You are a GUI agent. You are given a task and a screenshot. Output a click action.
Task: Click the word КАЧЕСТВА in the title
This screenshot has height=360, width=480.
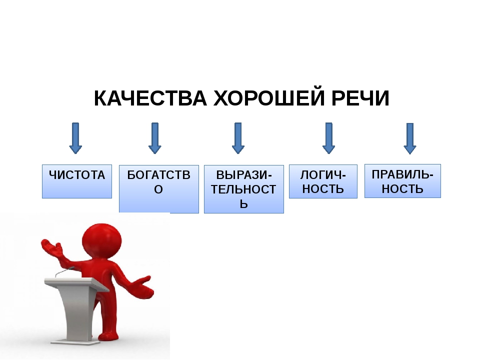(x=150, y=98)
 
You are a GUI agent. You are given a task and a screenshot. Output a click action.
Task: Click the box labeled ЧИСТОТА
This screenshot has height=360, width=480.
(x=77, y=181)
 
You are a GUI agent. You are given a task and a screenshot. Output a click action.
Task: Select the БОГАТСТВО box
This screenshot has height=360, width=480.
(x=159, y=189)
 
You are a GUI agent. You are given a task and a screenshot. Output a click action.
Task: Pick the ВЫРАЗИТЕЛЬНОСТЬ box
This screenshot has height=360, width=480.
(x=244, y=189)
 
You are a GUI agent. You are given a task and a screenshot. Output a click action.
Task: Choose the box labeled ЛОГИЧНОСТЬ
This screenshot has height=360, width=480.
(x=323, y=181)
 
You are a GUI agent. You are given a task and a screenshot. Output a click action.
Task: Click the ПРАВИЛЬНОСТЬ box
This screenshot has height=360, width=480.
(x=402, y=181)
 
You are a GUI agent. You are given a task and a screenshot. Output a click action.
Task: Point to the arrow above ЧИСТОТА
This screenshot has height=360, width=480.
(x=75, y=138)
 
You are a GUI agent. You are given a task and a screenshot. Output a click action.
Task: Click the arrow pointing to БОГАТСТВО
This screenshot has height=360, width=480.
(x=155, y=138)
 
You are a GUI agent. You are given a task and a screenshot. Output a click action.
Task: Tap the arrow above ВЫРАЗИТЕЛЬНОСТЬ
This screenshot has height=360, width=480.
(x=238, y=138)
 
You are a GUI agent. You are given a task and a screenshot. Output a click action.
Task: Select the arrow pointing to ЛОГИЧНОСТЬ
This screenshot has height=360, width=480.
(x=329, y=138)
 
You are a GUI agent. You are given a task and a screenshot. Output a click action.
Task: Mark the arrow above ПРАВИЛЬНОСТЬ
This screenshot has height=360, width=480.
(x=410, y=138)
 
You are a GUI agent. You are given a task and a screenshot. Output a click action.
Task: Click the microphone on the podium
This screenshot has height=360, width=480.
(x=64, y=271)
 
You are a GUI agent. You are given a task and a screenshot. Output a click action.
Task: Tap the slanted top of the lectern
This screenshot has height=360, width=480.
(x=76, y=284)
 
